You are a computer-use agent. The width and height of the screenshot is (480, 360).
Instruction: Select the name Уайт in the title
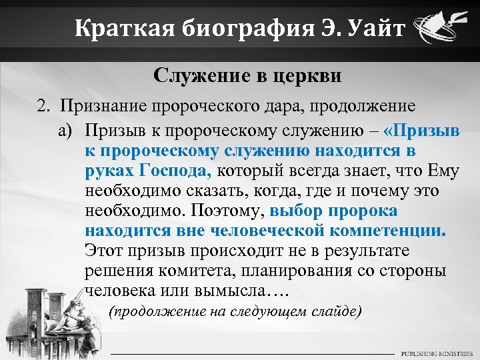pos(371,29)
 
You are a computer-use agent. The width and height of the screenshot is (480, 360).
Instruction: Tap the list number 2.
pos(42,106)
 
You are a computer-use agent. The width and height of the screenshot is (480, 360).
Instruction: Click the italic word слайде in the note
pos(338,311)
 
